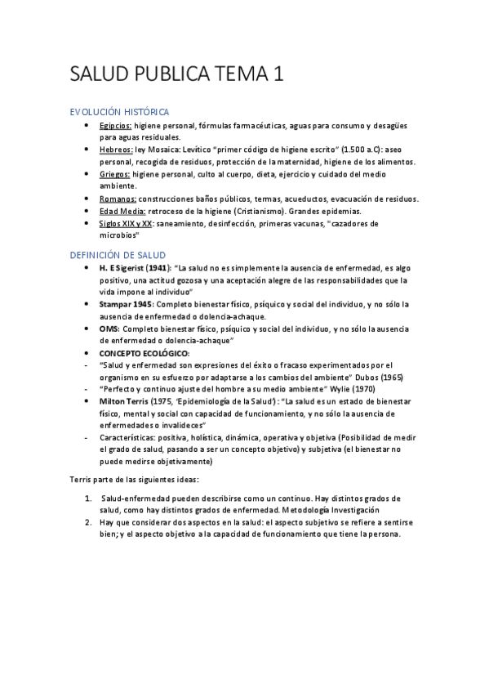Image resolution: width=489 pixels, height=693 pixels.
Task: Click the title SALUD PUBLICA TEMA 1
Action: coord(177,74)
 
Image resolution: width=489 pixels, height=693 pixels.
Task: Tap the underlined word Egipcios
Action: coord(115,126)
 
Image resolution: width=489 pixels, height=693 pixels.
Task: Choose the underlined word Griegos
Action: coord(115,174)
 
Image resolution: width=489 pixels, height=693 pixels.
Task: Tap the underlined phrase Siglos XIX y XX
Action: coord(126,223)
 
